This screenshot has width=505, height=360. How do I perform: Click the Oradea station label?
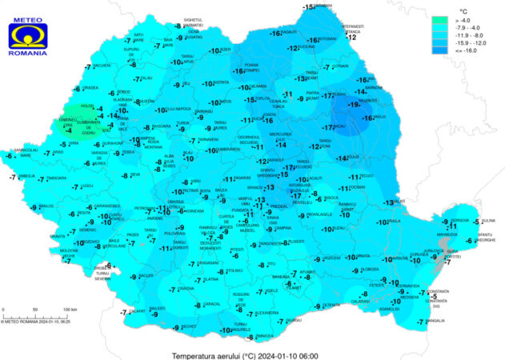pos(90,88)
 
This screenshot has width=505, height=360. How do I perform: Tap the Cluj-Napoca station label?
pos(180,110)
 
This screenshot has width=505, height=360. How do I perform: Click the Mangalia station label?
pos(435,321)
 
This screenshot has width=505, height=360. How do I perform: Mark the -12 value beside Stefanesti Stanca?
pos(350,37)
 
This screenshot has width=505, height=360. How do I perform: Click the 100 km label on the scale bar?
pos(70,309)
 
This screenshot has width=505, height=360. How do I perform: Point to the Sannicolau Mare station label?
pos(26,151)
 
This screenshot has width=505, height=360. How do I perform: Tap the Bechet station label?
pos(189,326)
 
